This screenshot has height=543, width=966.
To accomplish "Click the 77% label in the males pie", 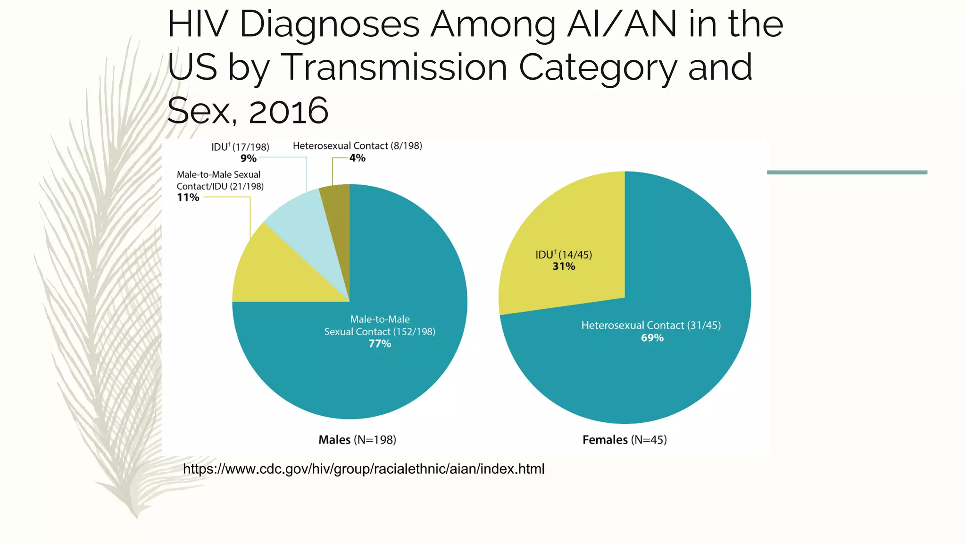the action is point(380,344).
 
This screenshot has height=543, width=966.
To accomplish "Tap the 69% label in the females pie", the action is point(652,338).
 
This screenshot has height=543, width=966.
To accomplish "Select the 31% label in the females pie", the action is point(564,267).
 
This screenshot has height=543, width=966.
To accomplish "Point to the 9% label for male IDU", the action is point(249,158).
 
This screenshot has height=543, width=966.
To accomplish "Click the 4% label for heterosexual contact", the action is point(358,158).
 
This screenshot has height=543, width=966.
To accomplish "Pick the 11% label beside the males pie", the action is point(188,197).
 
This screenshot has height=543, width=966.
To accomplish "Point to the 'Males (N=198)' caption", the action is point(357,440).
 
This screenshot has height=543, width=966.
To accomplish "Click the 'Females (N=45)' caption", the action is point(625,440).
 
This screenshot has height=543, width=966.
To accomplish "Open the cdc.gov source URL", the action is point(364,469).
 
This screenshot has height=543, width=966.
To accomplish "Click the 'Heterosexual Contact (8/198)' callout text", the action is point(358,146).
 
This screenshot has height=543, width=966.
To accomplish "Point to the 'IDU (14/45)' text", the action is point(564,255).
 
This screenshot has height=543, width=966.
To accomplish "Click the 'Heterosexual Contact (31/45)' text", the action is point(651,325).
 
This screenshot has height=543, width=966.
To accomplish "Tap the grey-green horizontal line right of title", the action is point(847,173).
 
